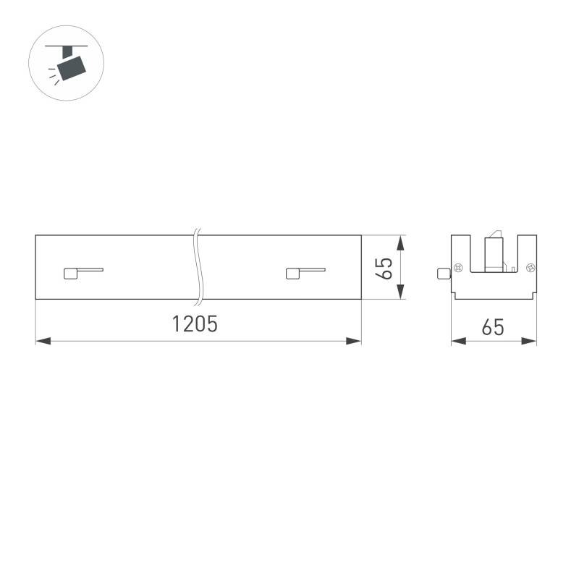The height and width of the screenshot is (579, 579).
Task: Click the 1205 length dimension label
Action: tap(195, 324)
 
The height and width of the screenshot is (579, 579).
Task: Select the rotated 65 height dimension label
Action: tap(384, 269)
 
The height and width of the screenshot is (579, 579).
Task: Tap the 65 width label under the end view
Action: tap(493, 327)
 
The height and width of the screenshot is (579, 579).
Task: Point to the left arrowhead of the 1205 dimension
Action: tap(43, 341)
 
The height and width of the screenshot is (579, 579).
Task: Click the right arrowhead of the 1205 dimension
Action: tap(353, 341)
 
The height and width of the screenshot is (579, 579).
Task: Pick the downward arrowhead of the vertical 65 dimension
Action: tap(400, 292)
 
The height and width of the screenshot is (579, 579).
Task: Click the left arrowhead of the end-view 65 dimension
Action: tap(459, 341)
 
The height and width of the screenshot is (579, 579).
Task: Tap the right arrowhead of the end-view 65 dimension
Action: tap(529, 341)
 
